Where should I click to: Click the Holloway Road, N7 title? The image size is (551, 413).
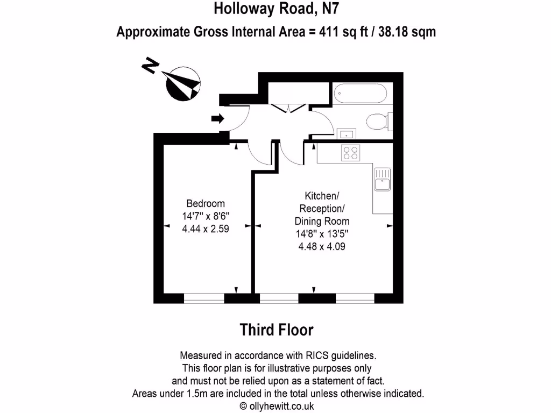pyautogui.click(x=276, y=9)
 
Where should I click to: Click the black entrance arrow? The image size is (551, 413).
pyautogui.click(x=217, y=119)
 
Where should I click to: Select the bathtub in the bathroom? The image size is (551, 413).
pyautogui.click(x=360, y=95)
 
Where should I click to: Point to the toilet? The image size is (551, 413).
pyautogui.click(x=376, y=122)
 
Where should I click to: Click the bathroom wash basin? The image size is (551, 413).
pyautogui.click(x=345, y=134)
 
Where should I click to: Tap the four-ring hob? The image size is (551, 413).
pyautogui.click(x=351, y=153)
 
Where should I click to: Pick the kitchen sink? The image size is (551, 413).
pyautogui.click(x=383, y=180)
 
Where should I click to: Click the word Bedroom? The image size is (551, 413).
pyautogui.click(x=205, y=204)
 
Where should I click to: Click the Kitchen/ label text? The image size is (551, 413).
pyautogui.click(x=322, y=195)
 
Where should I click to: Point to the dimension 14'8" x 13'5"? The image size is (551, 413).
pyautogui.click(x=322, y=234)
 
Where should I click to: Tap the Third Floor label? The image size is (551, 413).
pyautogui.click(x=276, y=329)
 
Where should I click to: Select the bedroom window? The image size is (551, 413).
pyautogui.click(x=204, y=298)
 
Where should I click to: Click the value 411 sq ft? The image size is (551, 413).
pyautogui.click(x=348, y=32)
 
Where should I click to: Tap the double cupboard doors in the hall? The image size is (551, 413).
pyautogui.click(x=289, y=108)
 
